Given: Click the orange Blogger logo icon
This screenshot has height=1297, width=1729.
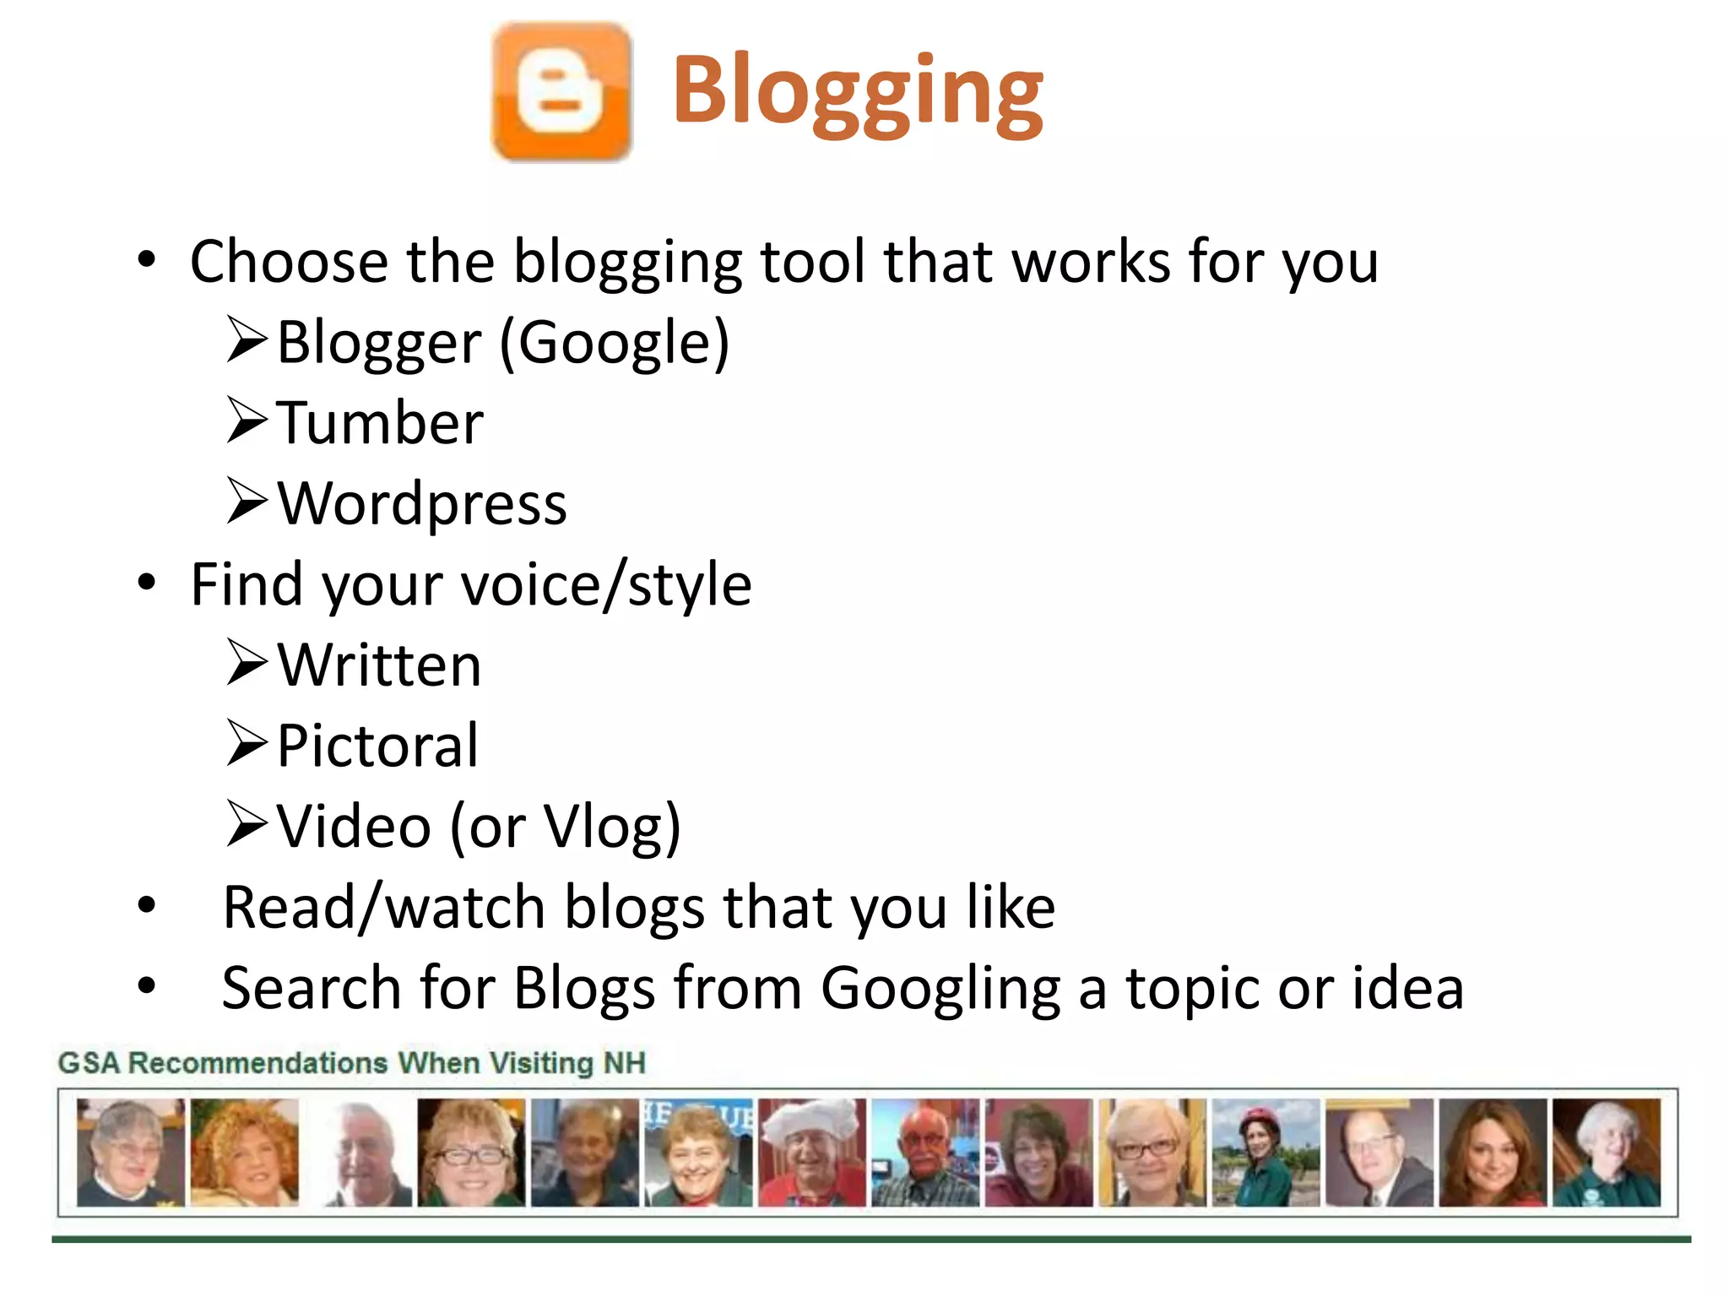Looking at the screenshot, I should [562, 92].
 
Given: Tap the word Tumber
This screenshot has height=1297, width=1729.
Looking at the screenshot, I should [380, 423].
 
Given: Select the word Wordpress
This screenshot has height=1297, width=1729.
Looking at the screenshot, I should [422, 504].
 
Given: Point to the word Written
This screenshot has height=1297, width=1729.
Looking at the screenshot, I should [380, 665].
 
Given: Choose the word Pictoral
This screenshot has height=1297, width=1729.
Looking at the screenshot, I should [377, 746].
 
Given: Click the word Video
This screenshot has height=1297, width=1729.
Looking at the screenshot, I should [355, 827].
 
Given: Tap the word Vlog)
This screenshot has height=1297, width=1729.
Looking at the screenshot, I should [612, 827].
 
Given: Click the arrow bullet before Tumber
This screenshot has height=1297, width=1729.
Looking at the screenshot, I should [247, 421].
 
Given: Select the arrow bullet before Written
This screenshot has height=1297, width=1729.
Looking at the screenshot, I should [247, 664].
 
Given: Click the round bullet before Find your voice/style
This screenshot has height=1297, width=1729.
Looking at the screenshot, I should [147, 583].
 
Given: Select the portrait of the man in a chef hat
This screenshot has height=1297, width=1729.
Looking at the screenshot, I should [812, 1153].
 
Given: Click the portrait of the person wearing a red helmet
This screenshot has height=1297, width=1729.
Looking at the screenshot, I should [1265, 1153].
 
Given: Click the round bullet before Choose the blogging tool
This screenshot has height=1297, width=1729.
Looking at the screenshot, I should [147, 260].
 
